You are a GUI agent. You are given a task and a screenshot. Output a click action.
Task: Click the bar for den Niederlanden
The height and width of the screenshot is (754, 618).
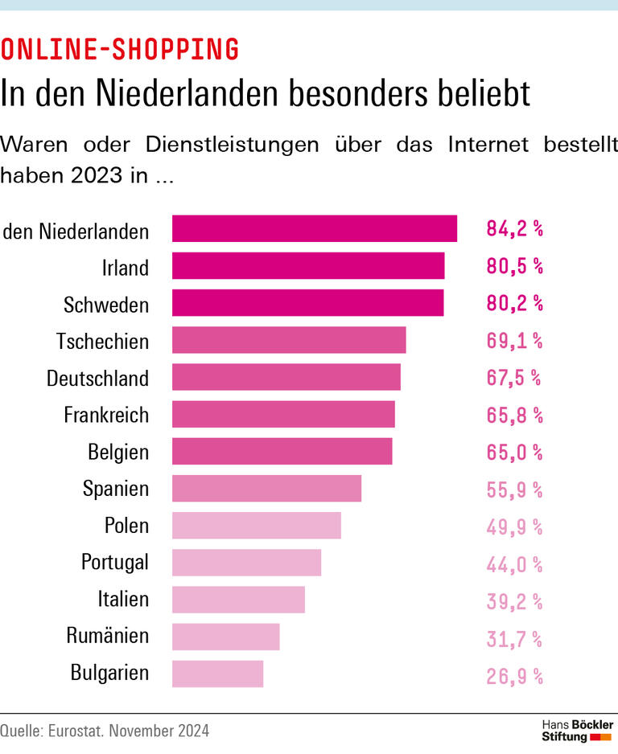click(x=315, y=228)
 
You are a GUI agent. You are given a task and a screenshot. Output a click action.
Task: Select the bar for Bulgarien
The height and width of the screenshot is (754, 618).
click(x=217, y=674)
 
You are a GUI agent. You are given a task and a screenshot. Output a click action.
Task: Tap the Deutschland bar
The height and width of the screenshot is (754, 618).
click(x=286, y=377)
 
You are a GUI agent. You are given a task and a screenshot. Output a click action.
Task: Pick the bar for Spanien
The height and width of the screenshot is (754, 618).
click(x=266, y=488)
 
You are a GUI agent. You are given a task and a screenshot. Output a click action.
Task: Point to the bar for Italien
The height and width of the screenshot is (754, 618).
click(x=238, y=600)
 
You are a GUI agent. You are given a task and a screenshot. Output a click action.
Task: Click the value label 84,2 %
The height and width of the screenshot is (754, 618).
click(x=514, y=229)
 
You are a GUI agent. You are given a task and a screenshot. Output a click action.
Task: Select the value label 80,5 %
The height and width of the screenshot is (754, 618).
click(x=514, y=266)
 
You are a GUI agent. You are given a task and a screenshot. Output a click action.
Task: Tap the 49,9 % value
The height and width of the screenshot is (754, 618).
click(x=514, y=527)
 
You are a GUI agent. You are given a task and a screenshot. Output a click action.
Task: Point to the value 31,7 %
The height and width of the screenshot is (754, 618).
click(x=514, y=639)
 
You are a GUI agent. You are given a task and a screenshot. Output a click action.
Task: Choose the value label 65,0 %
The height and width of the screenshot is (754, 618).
click(x=514, y=452)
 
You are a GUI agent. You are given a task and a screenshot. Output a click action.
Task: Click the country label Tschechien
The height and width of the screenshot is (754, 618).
click(x=102, y=341)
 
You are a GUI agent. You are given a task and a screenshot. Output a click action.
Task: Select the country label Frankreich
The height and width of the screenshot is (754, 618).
click(x=106, y=415)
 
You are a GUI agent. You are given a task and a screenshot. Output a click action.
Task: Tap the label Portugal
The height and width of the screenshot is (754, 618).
click(x=114, y=562)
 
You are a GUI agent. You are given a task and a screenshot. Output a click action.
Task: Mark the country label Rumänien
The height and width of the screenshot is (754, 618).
click(x=107, y=636)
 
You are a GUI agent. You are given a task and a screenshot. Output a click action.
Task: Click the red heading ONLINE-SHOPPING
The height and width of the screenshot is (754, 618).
click(x=120, y=50)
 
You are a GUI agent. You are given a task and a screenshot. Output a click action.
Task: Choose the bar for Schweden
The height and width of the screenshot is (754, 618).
click(x=307, y=303)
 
